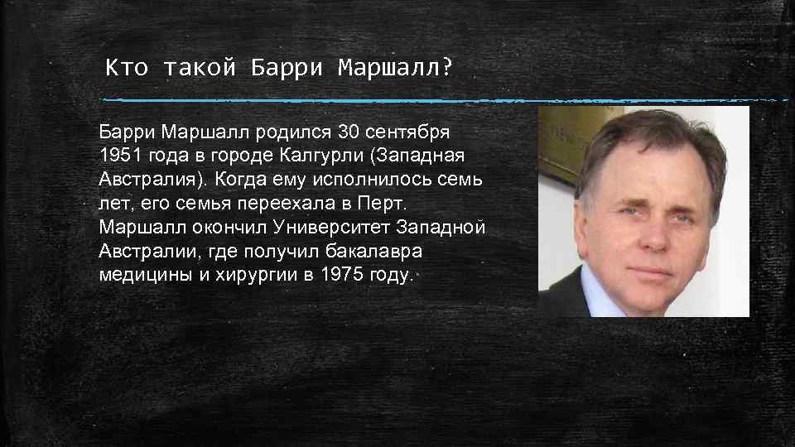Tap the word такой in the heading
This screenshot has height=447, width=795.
196,67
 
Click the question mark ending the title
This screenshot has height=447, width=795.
448,67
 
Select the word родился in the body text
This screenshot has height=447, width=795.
294,132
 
